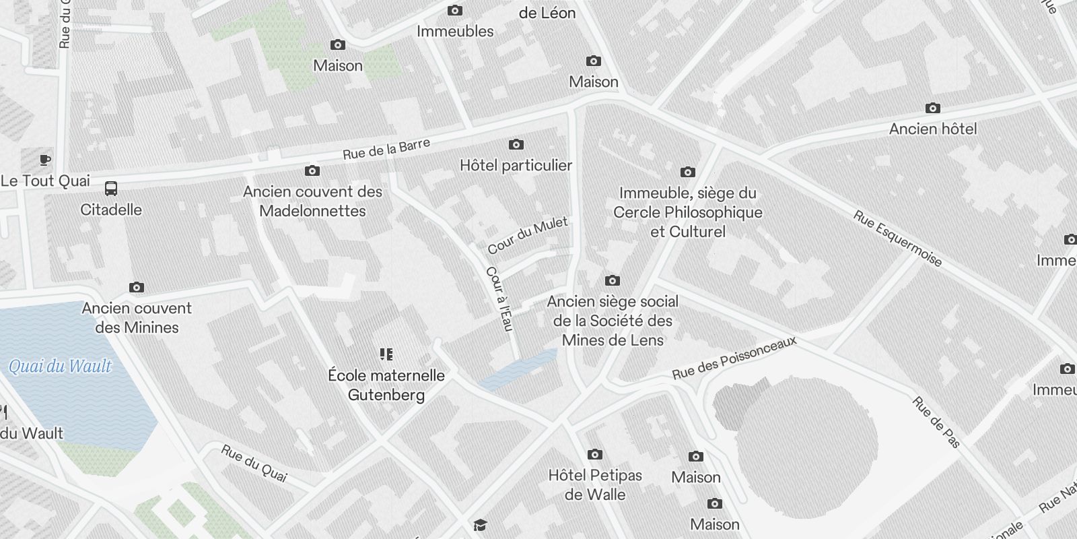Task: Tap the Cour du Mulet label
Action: pyautogui.click(x=528, y=235)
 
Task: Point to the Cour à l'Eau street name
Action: pyautogui.click(x=499, y=298)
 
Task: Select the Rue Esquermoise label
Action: pyautogui.click(x=897, y=238)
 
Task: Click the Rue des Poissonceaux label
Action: pyautogui.click(x=734, y=358)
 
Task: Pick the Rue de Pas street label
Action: pyautogui.click(x=936, y=422)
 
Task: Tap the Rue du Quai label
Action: pyautogui.click(x=254, y=463)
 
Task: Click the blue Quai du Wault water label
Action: pyautogui.click(x=60, y=367)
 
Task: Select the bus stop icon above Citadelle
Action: pyautogui.click(x=111, y=189)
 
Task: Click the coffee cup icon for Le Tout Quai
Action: pyautogui.click(x=44, y=160)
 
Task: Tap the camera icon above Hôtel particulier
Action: pyautogui.click(x=516, y=144)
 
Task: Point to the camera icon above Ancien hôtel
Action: pyautogui.click(x=932, y=108)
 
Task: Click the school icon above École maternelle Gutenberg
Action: pyautogui.click(x=386, y=354)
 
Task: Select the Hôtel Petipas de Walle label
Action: pyautogui.click(x=595, y=484)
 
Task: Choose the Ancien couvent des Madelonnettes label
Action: pyautogui.click(x=313, y=201)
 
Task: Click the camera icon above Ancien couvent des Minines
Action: pyautogui.click(x=137, y=288)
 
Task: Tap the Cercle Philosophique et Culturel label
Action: pyautogui.click(x=687, y=212)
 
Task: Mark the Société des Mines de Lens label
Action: pyautogui.click(x=613, y=321)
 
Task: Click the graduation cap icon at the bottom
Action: pyautogui.click(x=479, y=525)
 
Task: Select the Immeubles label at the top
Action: pyautogui.click(x=455, y=31)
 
